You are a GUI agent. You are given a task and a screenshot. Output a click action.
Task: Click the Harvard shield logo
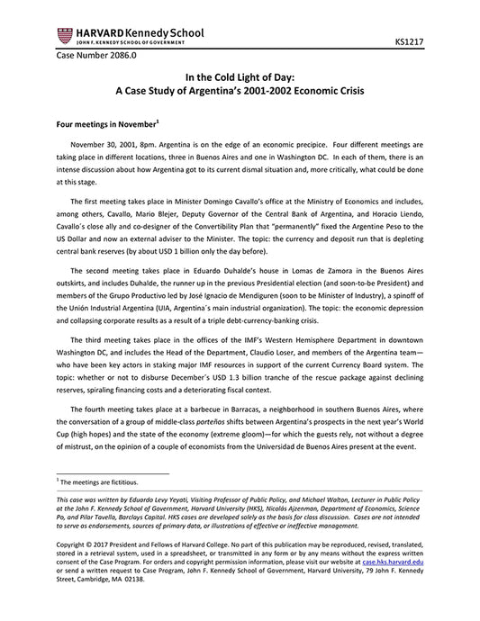64,34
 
